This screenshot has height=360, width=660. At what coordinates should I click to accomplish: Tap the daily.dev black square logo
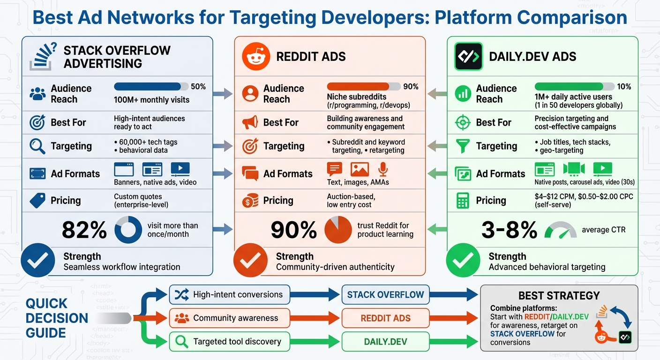pyautogui.click(x=468, y=57)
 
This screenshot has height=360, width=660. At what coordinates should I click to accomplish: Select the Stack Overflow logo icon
pyautogui.click(x=43, y=57)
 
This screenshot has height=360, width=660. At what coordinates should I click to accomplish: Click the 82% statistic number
pyautogui.click(x=84, y=230)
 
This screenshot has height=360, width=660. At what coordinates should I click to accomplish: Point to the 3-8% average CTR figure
pyautogui.click(x=509, y=230)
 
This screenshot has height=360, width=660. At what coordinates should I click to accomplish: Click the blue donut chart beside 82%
pyautogui.click(x=128, y=230)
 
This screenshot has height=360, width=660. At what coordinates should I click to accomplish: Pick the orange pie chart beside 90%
pyautogui.click(x=338, y=230)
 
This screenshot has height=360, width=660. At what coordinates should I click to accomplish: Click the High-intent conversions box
pyautogui.click(x=229, y=295)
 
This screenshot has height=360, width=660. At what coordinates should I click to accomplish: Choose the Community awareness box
pyautogui.click(x=229, y=318)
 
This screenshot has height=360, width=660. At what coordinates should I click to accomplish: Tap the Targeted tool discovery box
pyautogui.click(x=229, y=342)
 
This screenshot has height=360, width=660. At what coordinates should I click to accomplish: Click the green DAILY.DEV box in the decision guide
pyautogui.click(x=385, y=342)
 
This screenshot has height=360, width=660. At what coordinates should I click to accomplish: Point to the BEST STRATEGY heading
pyautogui.click(x=559, y=296)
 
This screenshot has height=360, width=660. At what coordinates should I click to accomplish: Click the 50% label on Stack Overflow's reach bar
pyautogui.click(x=198, y=87)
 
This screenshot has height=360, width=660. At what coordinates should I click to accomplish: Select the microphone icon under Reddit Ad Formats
pyautogui.click(x=383, y=169)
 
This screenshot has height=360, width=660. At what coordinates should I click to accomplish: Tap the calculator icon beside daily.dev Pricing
pyautogui.click(x=463, y=201)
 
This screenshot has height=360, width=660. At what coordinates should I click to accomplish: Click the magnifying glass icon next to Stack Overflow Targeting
pyautogui.click(x=37, y=146)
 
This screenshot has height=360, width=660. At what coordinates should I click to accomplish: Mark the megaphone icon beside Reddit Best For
pyautogui.click(x=250, y=123)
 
